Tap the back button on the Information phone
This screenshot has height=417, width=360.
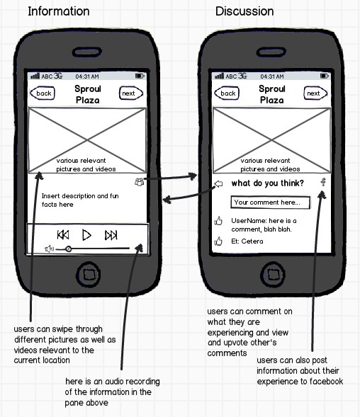point(43,93)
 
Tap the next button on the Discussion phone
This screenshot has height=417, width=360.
point(315,93)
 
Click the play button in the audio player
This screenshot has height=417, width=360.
point(86,235)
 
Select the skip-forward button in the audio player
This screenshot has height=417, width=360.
point(111,235)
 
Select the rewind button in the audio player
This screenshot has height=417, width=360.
point(63,235)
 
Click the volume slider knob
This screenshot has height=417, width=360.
point(69,249)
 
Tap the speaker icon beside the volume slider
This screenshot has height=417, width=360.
point(50,249)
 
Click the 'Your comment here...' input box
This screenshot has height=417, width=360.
point(270,202)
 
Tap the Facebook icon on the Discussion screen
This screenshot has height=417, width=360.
point(323,182)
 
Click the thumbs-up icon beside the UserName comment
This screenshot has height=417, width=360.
point(218,221)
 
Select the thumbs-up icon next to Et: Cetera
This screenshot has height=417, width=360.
point(218,241)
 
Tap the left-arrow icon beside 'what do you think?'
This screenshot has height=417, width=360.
point(218,184)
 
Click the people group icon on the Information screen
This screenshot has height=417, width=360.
point(140,182)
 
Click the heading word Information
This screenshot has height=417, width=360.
point(59,11)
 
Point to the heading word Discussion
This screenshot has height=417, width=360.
point(244,11)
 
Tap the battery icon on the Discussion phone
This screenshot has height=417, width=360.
point(325,76)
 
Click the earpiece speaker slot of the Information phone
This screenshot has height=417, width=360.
point(86,52)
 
